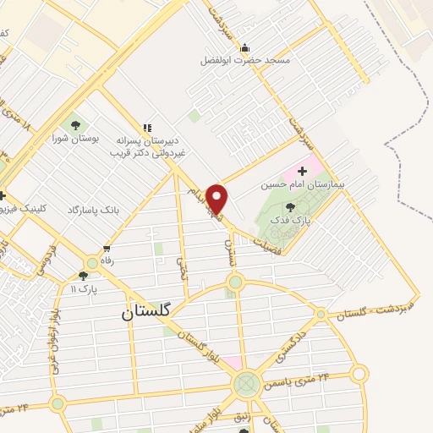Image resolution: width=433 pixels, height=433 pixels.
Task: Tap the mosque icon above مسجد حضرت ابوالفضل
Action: (245, 47)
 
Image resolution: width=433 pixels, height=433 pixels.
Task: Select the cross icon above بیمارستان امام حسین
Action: (303, 171)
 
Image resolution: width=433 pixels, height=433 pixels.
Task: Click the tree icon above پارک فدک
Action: (290, 206)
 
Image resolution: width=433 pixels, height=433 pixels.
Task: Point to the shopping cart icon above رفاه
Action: (107, 249)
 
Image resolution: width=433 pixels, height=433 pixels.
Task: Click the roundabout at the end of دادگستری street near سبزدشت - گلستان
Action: (321, 315)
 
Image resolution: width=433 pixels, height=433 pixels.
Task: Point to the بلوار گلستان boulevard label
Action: (208, 344)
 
